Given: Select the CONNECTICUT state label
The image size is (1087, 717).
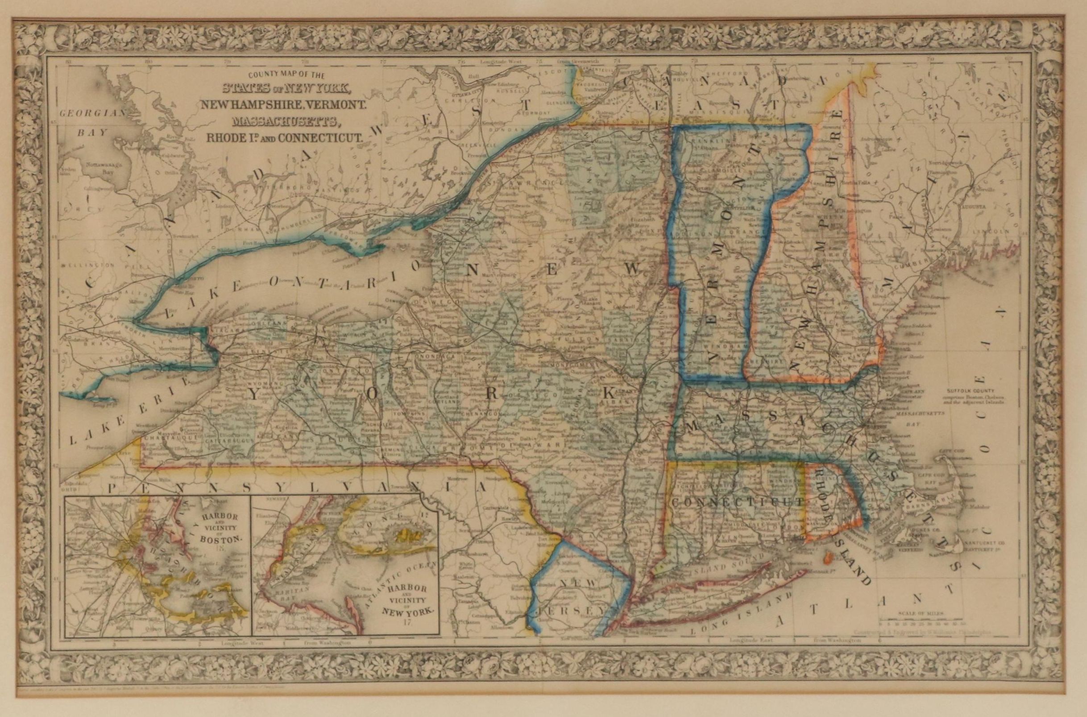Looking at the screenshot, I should tap(737, 501).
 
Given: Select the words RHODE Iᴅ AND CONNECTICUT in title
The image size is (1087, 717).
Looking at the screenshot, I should tap(284, 137).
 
